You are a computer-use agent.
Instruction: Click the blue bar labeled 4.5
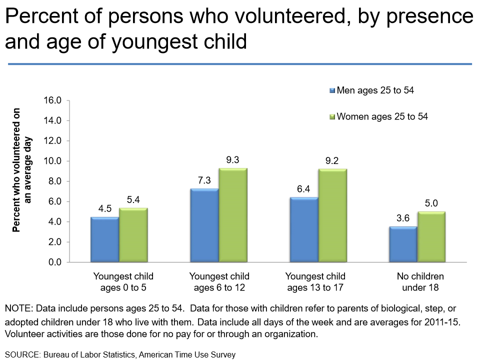[104, 239]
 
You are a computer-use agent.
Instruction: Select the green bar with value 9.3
[232, 215]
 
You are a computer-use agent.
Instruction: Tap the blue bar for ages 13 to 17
[303, 229]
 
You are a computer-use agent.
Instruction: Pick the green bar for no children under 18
[431, 237]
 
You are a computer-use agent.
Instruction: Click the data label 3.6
[403, 218]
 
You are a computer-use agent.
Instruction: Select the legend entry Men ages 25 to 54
[375, 90]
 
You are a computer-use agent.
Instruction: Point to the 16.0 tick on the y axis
[52, 100]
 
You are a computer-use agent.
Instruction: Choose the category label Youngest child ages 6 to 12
[219, 282]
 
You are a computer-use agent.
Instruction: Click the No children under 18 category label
[420, 282]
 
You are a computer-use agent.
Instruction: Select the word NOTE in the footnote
[18, 308]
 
